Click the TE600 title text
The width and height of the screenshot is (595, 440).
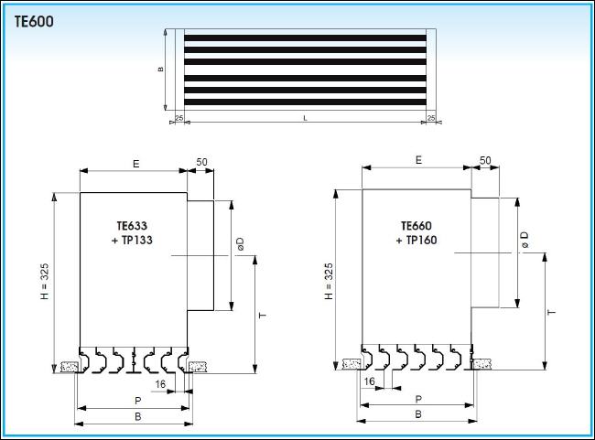34,22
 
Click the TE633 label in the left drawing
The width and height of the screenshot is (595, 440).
132,226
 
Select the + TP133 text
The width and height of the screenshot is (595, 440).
132,240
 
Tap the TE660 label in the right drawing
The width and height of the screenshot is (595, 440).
416,226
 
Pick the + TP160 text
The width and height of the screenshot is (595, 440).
416,240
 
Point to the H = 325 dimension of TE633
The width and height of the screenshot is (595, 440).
45,282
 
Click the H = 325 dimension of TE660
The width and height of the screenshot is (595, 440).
329,281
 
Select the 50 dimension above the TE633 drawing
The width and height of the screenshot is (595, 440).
201,162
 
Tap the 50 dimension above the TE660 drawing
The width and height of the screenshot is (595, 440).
485,160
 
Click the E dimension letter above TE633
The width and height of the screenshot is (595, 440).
135,164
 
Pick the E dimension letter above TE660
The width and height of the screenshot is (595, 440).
418,160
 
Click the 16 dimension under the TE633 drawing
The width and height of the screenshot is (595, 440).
160,384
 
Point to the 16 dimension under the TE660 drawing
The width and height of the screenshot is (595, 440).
369,381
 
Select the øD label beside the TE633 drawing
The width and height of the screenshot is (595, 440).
240,244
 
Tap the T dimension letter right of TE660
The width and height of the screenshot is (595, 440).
551,312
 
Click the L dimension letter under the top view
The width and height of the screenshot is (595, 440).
305,118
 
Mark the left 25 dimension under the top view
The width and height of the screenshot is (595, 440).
179,118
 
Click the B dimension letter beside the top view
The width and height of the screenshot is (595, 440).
160,70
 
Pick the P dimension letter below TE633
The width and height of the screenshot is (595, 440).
137,401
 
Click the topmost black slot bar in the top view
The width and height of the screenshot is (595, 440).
305,38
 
